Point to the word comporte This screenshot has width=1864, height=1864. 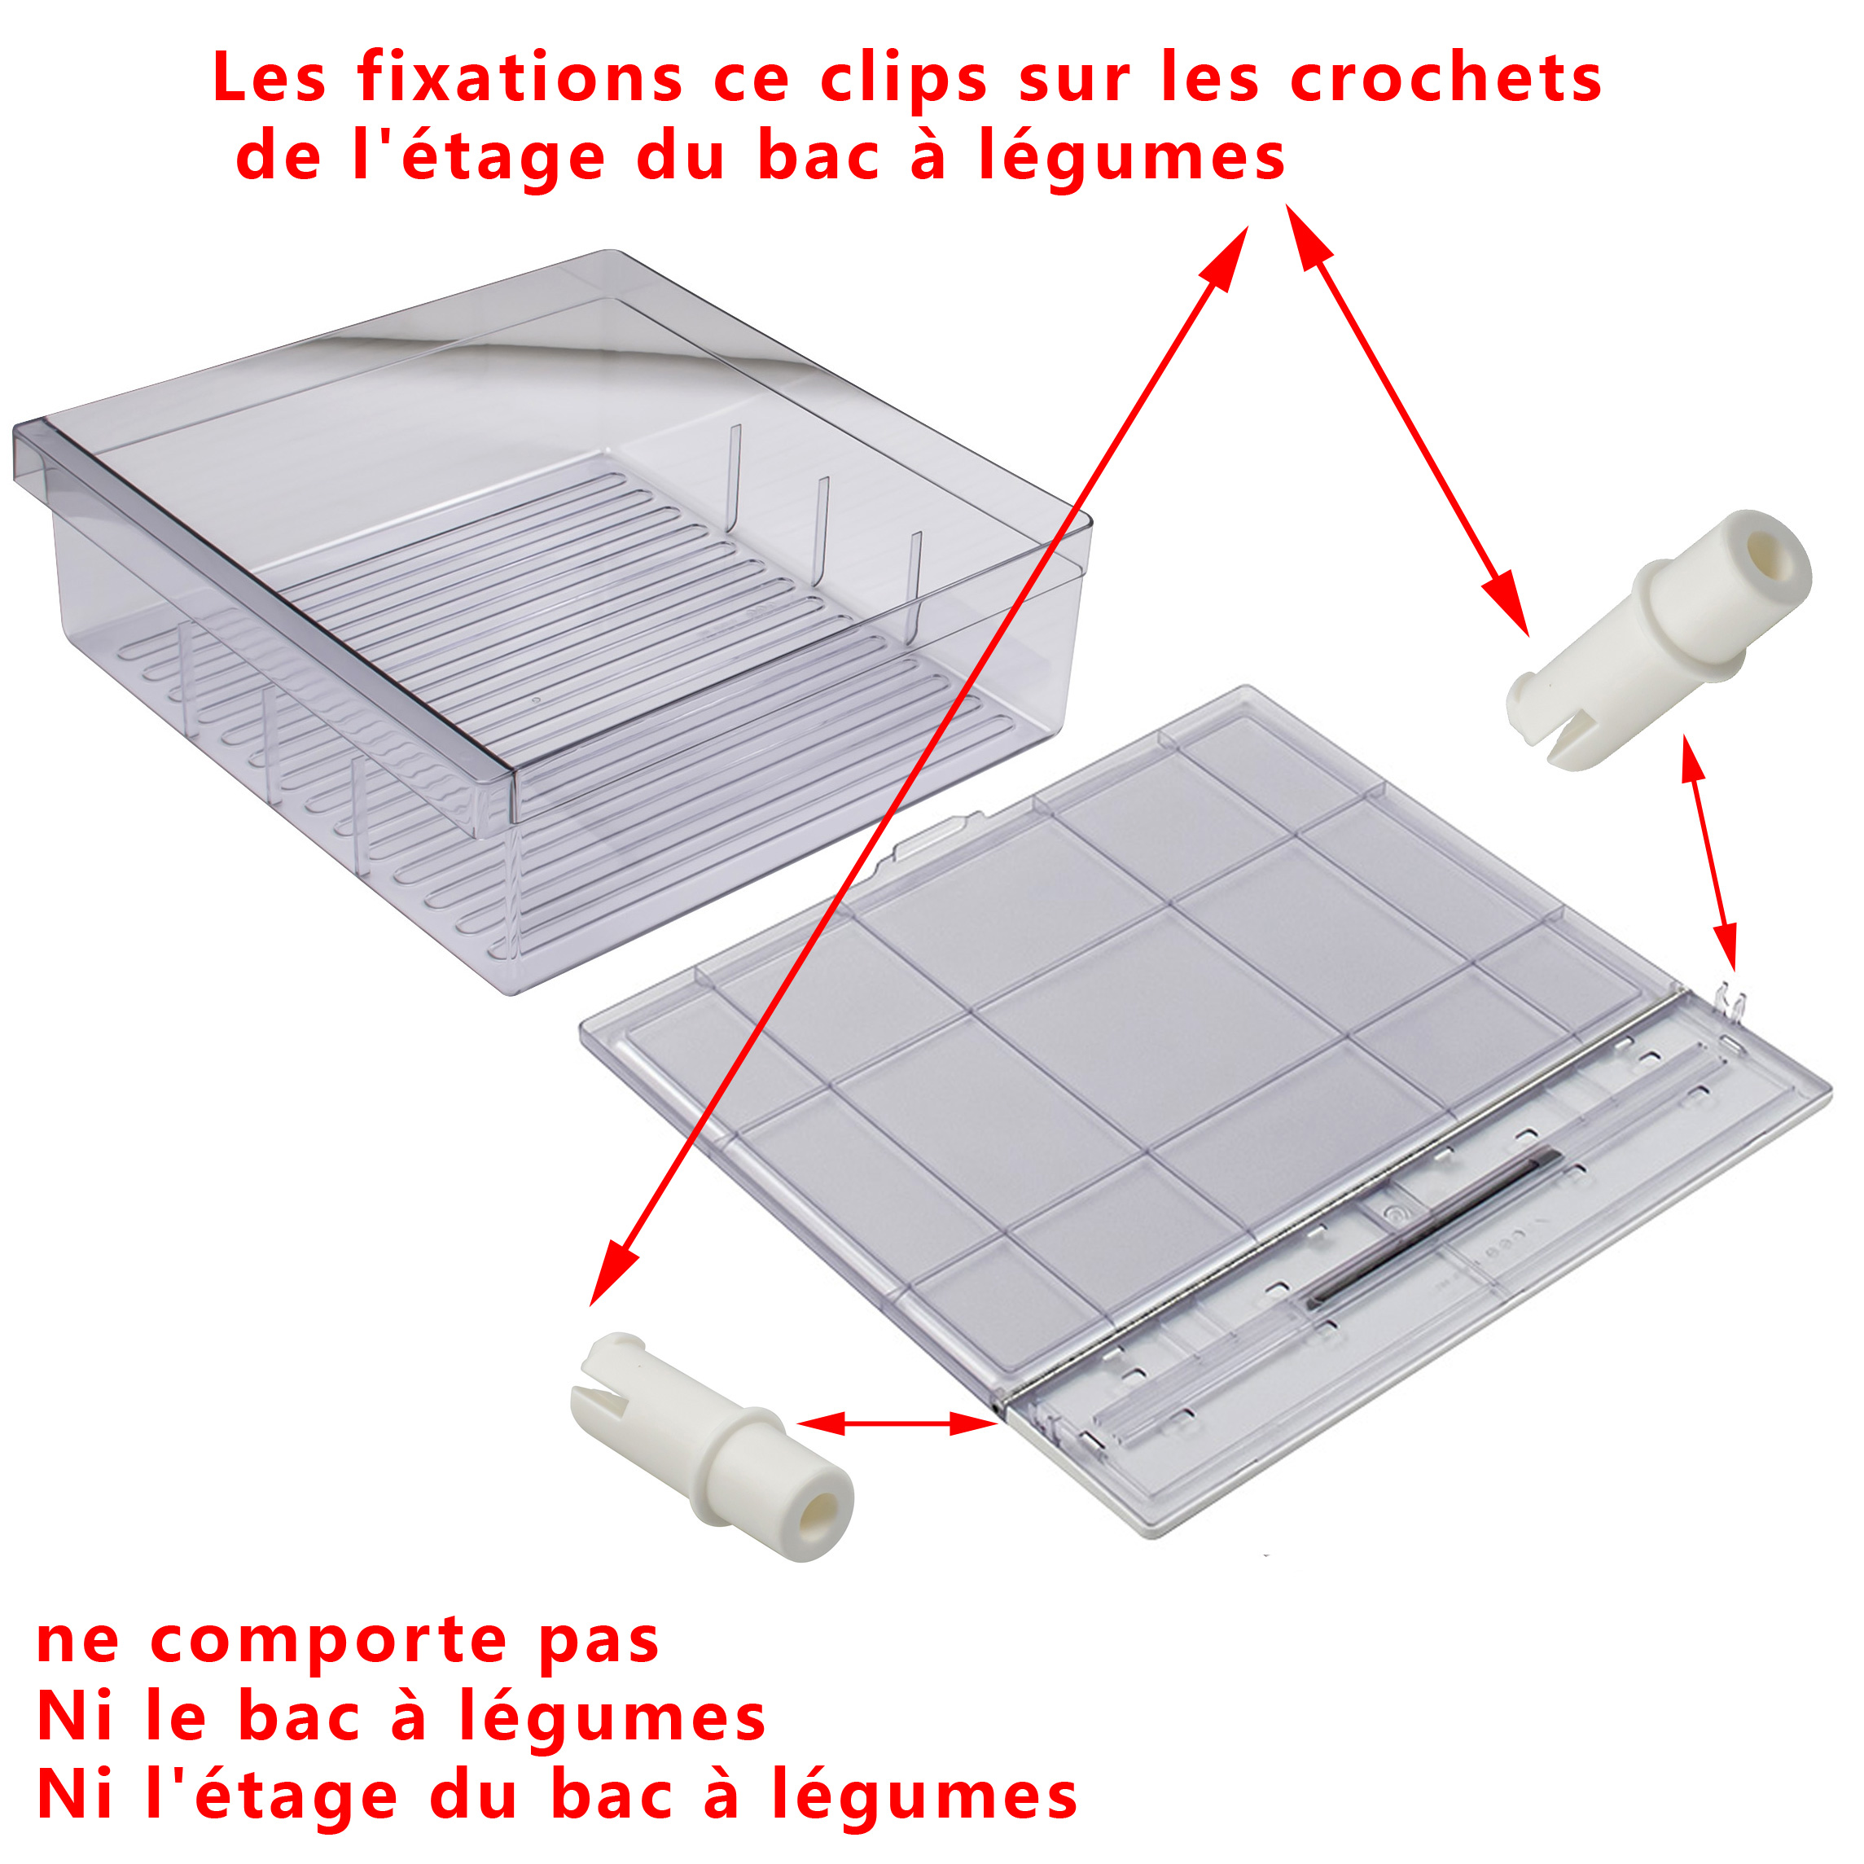328,1642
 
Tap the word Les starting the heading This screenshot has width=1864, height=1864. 270,78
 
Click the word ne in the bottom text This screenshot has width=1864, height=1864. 78,1642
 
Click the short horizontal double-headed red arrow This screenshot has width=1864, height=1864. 897,1423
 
